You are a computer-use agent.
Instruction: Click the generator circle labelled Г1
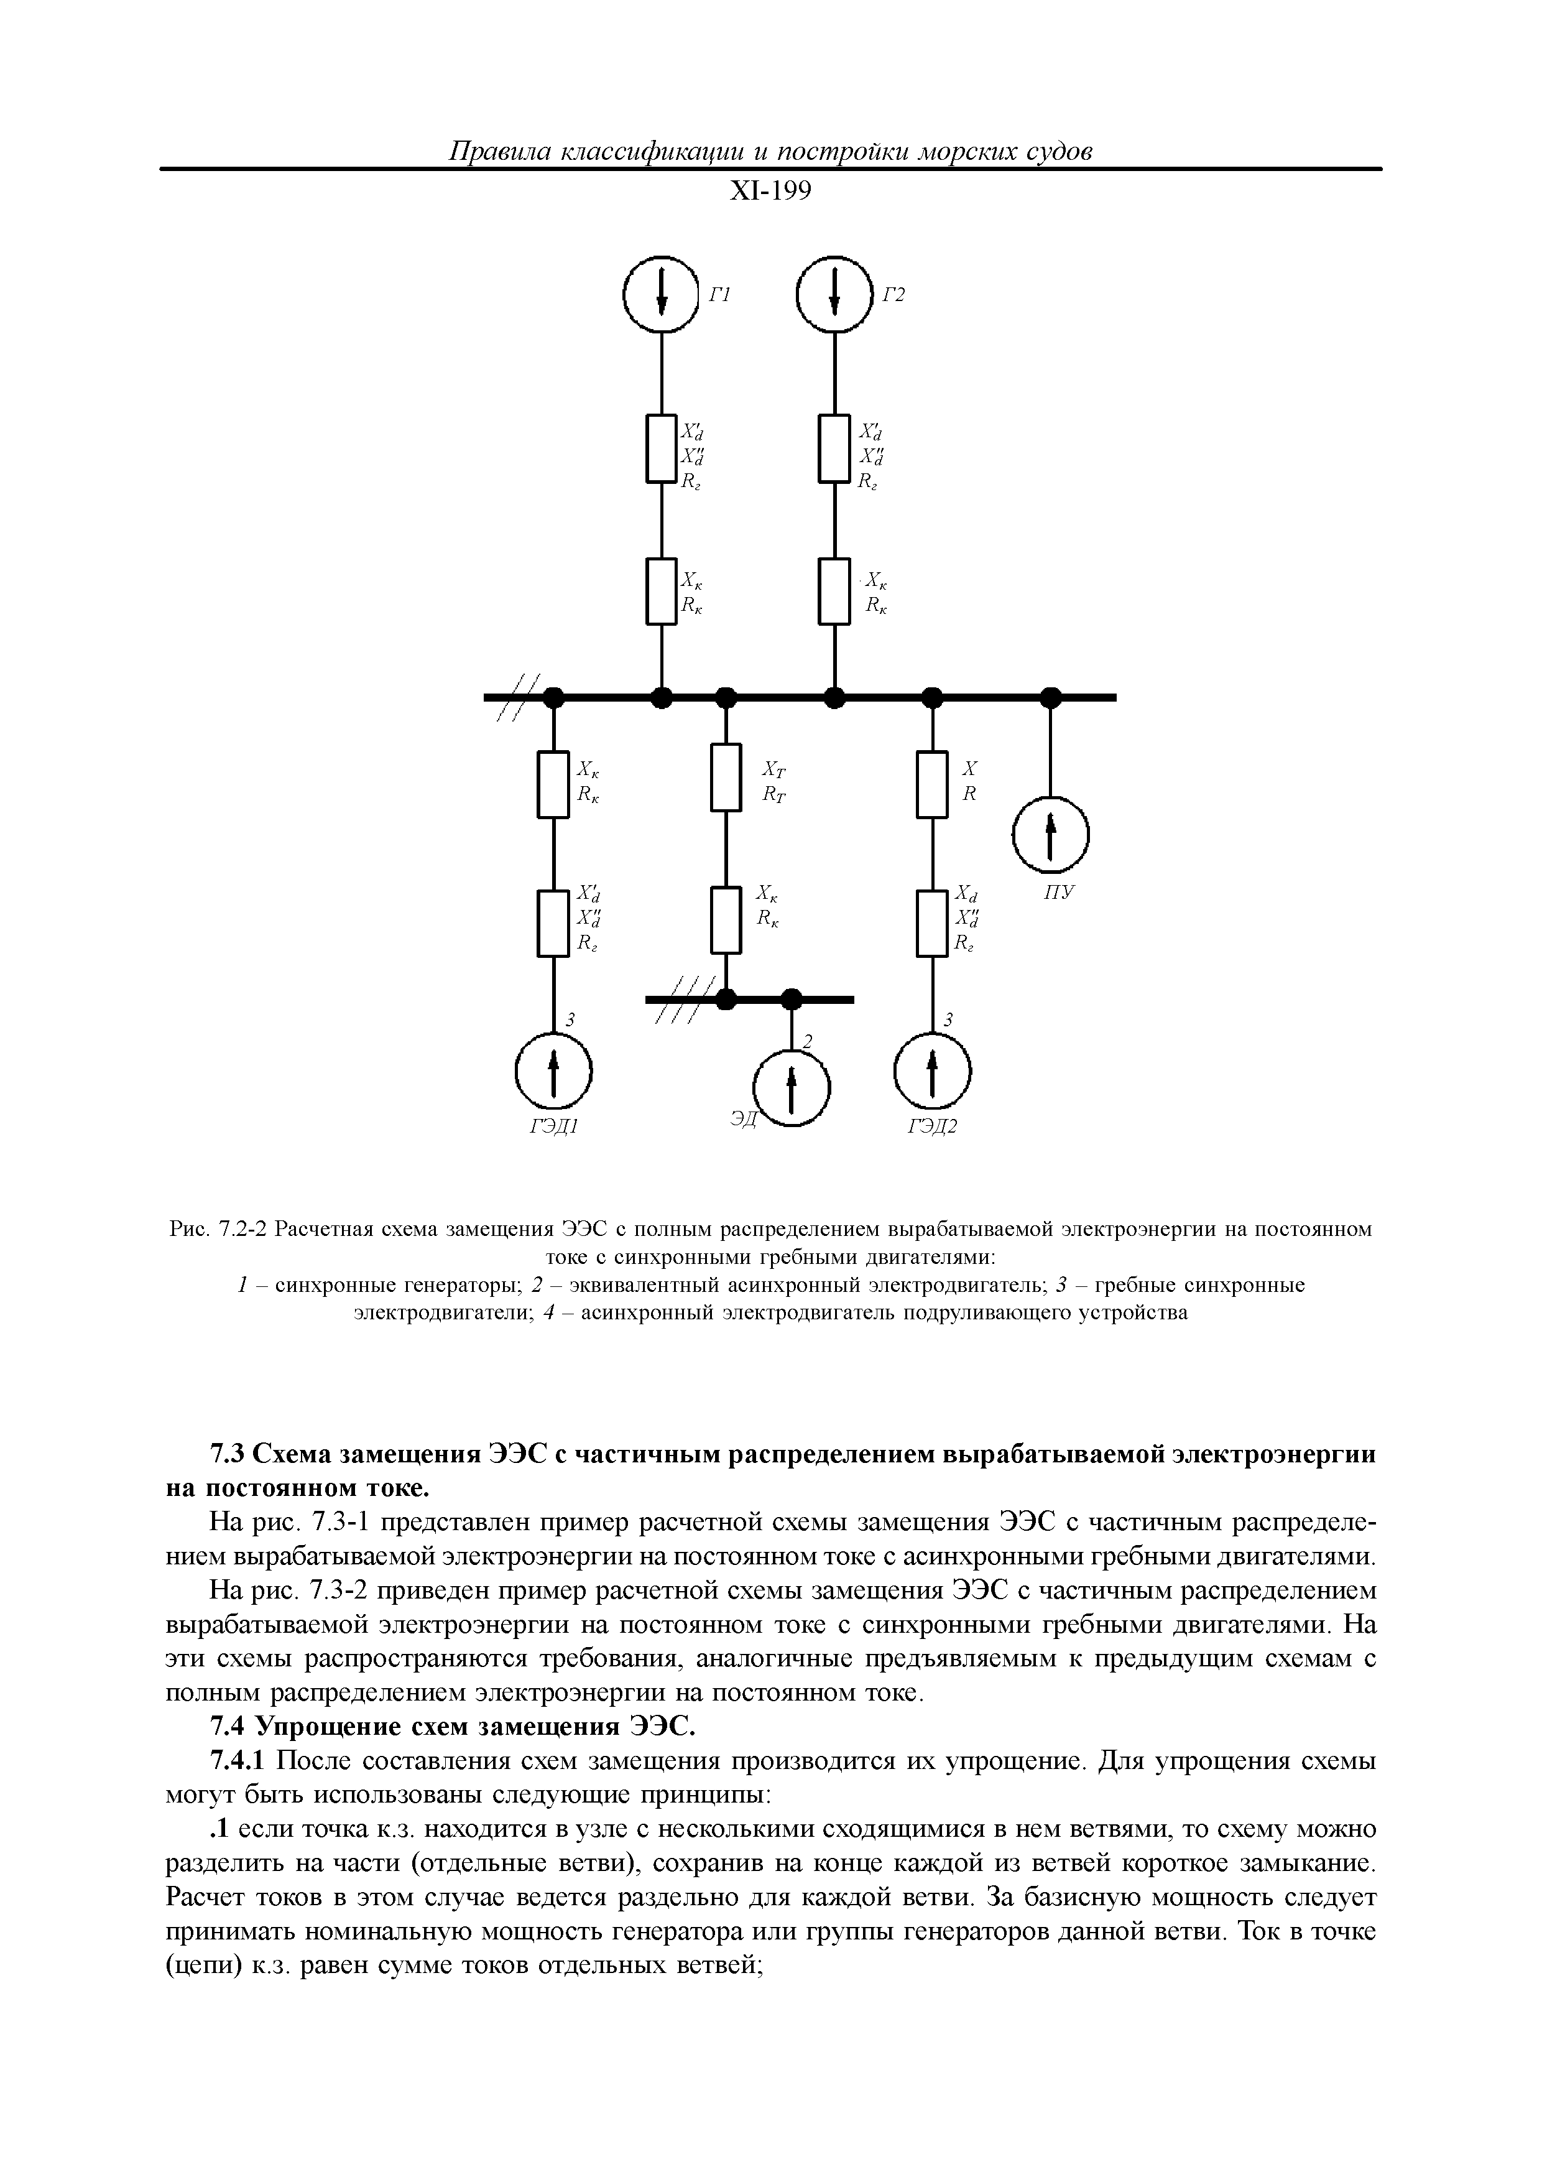(662, 295)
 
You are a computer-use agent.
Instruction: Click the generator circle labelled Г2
(835, 295)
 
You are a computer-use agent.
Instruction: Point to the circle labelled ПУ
(1051, 835)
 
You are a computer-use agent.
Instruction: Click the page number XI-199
(770, 192)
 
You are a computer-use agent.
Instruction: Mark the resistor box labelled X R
(933, 784)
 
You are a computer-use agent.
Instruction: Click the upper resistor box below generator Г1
(662, 448)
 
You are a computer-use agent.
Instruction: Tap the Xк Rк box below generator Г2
(835, 591)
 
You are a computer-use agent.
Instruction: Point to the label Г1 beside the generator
(719, 295)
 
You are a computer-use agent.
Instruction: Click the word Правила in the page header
(500, 151)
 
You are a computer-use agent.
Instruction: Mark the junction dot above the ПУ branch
(1051, 697)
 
